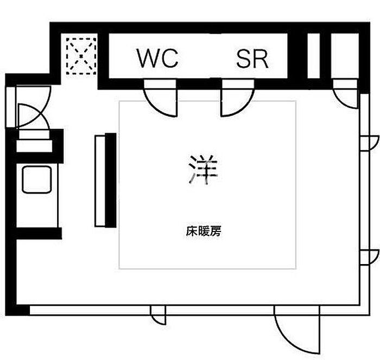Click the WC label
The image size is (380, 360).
157,58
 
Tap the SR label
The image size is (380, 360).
252,59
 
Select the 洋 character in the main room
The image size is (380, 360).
203,169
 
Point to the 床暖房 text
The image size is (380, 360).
204,231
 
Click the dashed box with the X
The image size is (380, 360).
81,56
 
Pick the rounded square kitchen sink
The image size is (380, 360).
37,179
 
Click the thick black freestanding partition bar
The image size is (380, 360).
111,180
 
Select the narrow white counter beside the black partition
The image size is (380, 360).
100,181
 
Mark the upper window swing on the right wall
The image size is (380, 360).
369,143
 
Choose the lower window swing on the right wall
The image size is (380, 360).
369,257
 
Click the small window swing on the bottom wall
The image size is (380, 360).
158,315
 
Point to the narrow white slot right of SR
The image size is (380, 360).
314,56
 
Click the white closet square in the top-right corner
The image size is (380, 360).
345,56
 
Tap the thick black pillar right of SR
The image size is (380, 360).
297,56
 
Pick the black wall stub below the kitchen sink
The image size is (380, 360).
39,233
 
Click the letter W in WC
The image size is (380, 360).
148,59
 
